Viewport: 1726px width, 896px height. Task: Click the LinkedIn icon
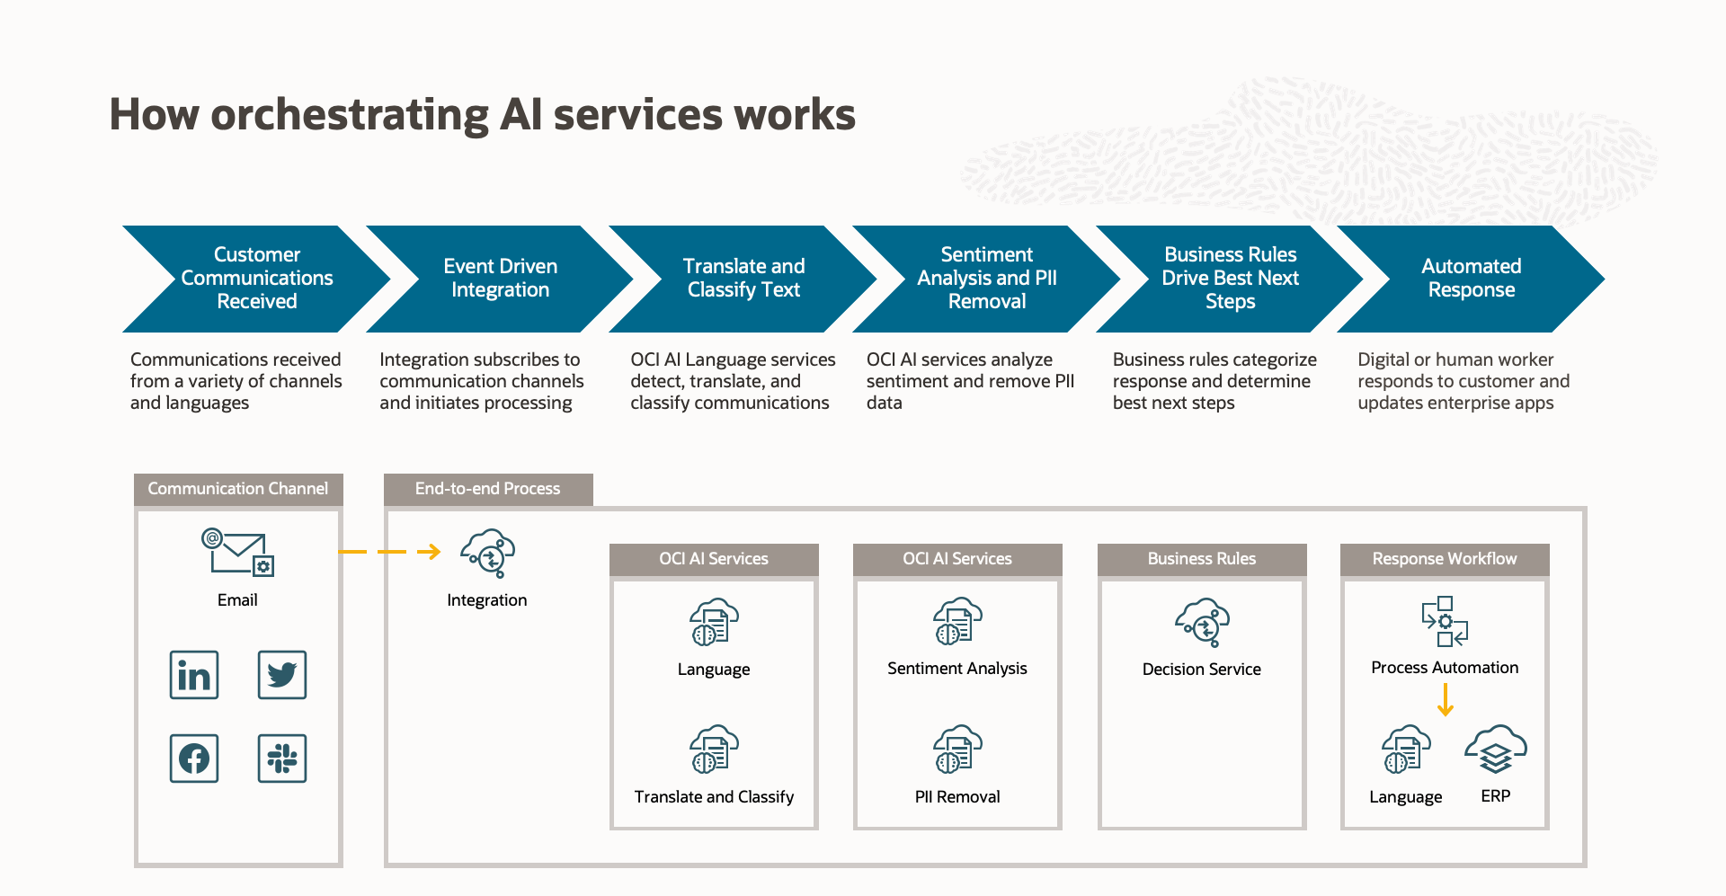(x=194, y=675)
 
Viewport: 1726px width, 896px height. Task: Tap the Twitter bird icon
(x=282, y=675)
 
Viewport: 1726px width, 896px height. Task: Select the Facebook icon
(x=194, y=758)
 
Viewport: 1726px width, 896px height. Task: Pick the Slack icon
(x=282, y=758)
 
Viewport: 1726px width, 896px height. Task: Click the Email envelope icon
(x=237, y=552)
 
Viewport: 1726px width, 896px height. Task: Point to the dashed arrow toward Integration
(x=388, y=551)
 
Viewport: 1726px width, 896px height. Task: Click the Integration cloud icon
(x=487, y=553)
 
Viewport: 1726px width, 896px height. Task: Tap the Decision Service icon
(x=1202, y=622)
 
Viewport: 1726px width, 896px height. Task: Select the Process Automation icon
(x=1445, y=621)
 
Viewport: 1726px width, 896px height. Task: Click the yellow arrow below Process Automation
(x=1446, y=700)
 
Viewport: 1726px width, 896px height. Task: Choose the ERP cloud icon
(x=1495, y=749)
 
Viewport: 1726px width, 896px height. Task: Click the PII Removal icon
(x=957, y=749)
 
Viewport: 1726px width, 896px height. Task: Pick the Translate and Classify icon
(x=714, y=749)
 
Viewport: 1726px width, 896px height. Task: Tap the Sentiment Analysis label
(x=956, y=668)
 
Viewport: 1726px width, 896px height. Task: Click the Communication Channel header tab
(x=238, y=489)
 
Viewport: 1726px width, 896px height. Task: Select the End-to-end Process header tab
(x=488, y=489)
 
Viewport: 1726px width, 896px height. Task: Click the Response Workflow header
(x=1445, y=558)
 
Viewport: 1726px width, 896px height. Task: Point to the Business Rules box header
(x=1202, y=558)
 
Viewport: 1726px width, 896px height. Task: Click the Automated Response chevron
(x=1472, y=279)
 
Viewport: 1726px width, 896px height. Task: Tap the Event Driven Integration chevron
(x=501, y=279)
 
